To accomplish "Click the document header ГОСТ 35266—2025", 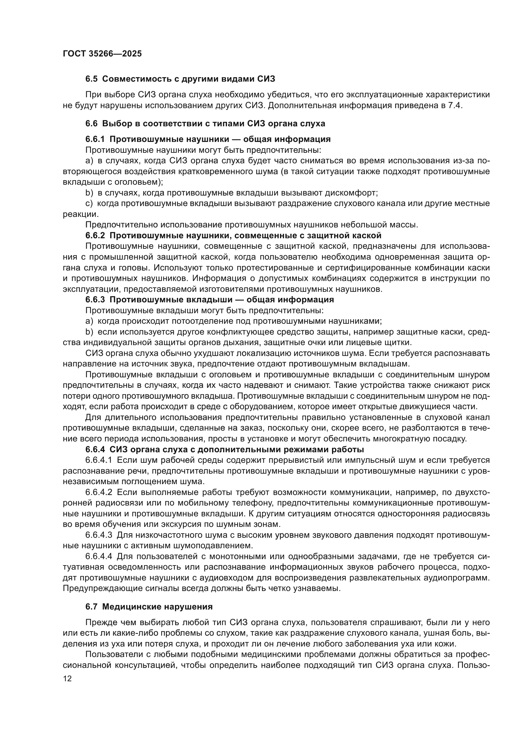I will tap(102, 54).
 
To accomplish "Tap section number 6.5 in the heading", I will tap(91, 79).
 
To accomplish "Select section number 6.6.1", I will tap(95, 139).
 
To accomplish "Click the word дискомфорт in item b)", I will tap(352, 193).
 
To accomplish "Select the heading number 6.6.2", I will tap(95, 235).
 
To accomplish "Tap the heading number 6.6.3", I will tap(95, 299).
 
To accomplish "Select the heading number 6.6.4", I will tap(95, 450).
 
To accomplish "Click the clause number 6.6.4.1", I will tap(99, 461).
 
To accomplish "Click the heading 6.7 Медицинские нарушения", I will tap(149, 607).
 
